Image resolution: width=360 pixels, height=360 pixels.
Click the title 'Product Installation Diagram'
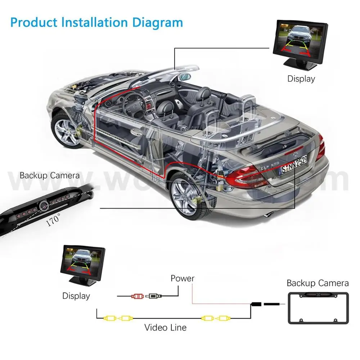point(96,22)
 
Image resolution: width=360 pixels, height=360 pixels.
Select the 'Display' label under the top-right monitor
point(301,79)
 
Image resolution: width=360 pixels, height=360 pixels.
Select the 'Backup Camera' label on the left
point(50,176)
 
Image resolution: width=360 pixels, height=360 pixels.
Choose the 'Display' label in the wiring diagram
point(76,296)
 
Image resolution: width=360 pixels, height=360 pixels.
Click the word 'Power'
point(183,278)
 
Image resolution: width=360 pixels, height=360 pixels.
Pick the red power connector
point(138,296)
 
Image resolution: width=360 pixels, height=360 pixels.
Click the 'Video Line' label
point(166,327)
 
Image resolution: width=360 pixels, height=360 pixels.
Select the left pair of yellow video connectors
point(117,318)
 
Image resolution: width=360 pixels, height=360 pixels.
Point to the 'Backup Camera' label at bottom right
point(318,283)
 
